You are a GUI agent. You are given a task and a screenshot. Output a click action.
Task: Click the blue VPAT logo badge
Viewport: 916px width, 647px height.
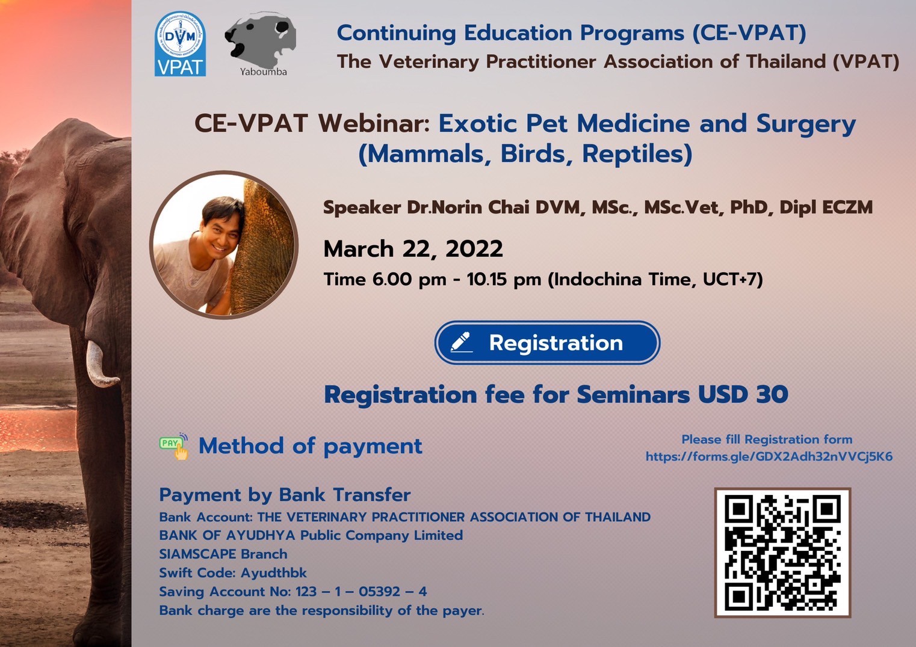click(180, 44)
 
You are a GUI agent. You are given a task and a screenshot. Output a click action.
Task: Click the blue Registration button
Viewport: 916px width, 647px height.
click(547, 343)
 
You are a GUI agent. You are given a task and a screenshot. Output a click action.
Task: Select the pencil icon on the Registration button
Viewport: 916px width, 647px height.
click(461, 342)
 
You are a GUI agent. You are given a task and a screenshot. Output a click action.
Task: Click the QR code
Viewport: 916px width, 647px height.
click(782, 553)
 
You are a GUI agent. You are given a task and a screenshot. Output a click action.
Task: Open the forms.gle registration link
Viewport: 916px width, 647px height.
click(769, 456)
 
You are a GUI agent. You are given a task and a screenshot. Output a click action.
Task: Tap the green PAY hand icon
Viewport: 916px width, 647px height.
click(174, 446)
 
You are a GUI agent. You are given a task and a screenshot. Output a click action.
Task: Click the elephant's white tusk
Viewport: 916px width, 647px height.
click(100, 364)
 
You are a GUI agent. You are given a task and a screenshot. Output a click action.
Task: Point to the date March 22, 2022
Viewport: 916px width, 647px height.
click(413, 249)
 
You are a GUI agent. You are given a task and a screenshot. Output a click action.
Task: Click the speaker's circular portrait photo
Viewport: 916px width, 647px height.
click(224, 245)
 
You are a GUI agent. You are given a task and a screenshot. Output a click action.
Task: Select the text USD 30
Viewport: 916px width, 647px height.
click(743, 394)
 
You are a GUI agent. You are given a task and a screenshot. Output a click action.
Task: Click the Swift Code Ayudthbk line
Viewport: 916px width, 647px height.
click(233, 573)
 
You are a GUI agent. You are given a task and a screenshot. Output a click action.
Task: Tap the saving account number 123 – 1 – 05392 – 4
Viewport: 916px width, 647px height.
click(361, 592)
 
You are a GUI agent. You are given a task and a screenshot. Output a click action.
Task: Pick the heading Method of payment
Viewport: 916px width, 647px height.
click(311, 446)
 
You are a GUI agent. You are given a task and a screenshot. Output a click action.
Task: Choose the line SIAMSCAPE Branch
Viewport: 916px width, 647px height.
click(223, 554)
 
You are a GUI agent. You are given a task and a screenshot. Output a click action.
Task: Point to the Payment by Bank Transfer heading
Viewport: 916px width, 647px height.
click(285, 495)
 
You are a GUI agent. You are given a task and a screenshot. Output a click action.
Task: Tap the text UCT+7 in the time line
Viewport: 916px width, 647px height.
click(730, 280)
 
